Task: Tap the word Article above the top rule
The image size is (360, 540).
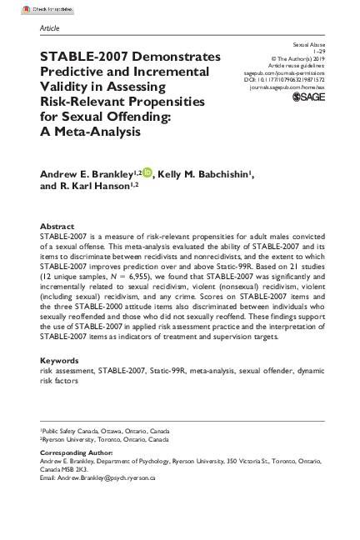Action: point(50,29)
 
